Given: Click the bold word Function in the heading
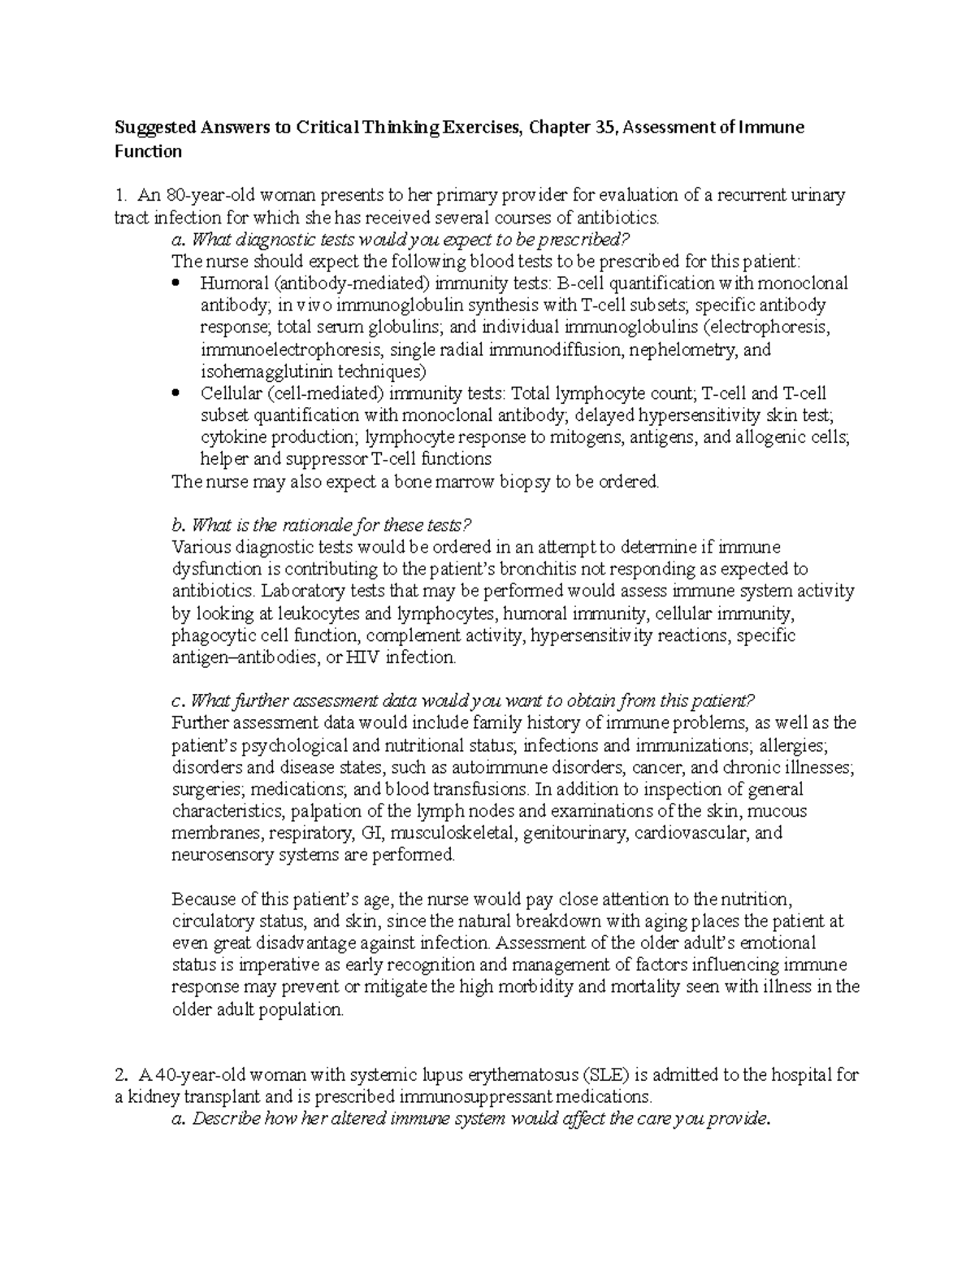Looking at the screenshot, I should tap(147, 151).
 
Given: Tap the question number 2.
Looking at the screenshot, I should tap(121, 1075).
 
